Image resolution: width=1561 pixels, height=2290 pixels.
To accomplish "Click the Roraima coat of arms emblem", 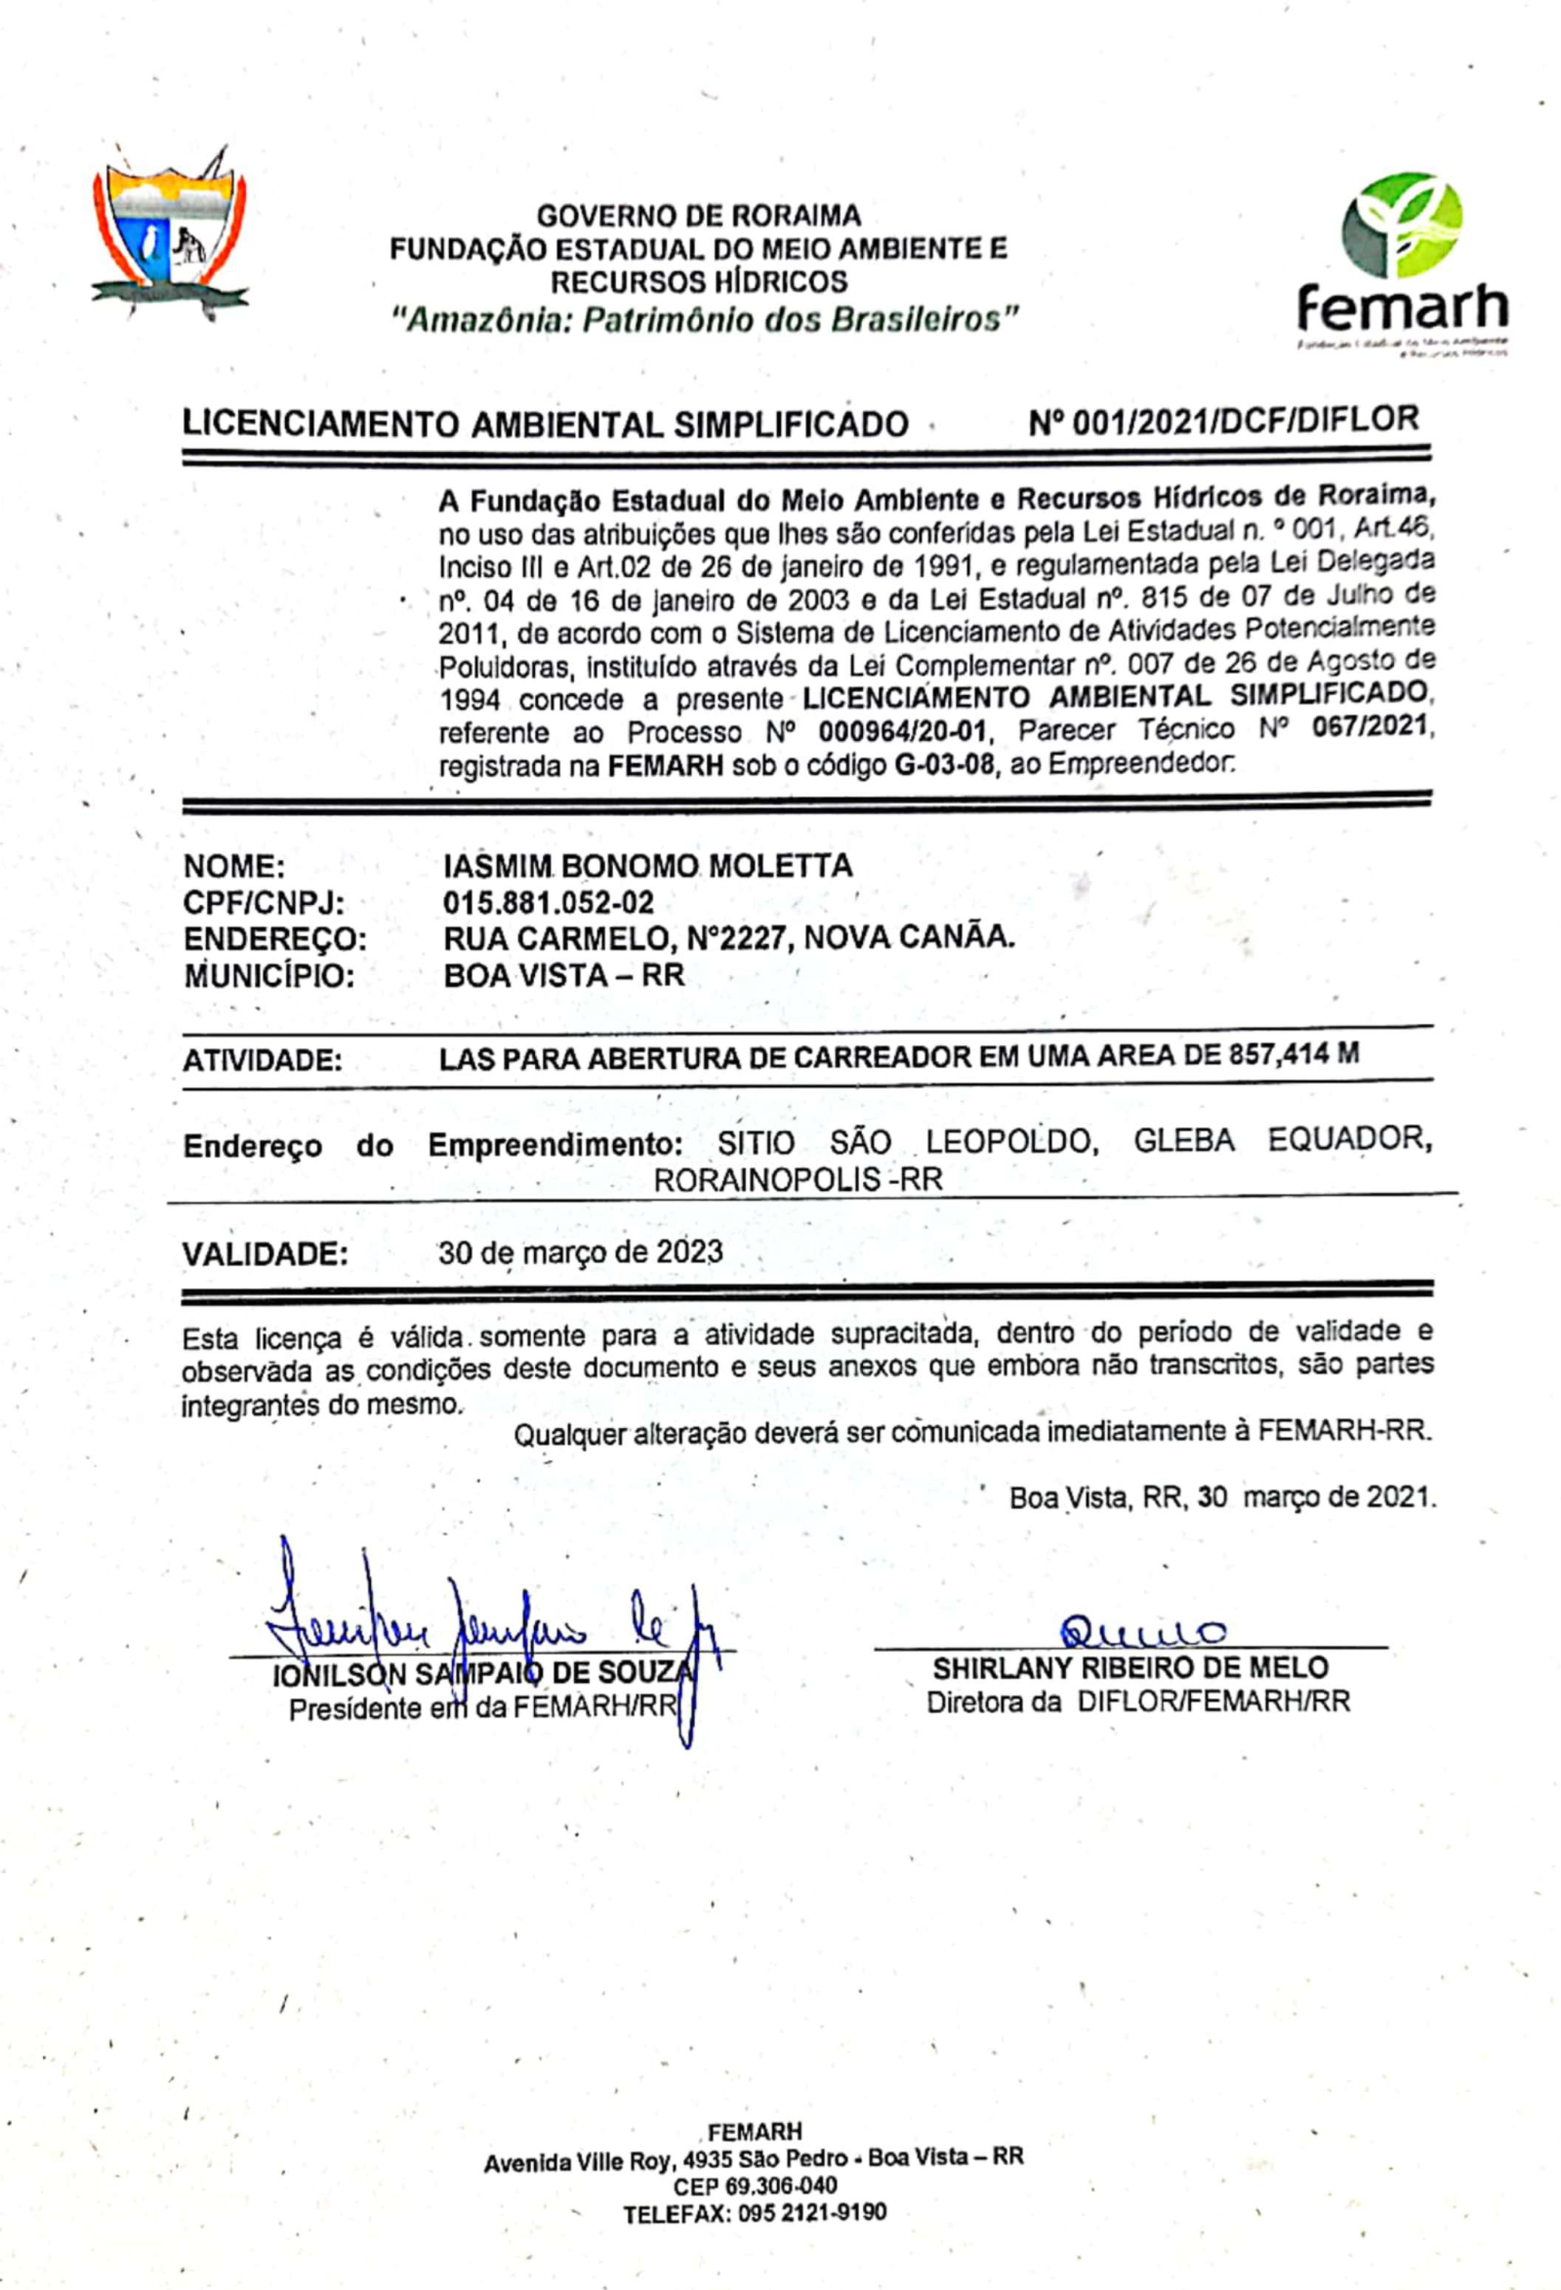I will [x=168, y=234].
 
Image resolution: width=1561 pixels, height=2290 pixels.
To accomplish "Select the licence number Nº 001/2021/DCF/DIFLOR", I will [x=1223, y=421].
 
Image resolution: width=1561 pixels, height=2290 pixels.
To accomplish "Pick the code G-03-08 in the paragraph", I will [x=943, y=764].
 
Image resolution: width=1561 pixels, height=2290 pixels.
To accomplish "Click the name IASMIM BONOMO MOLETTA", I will [x=647, y=867].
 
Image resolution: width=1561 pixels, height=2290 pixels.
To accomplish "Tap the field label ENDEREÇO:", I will [x=275, y=939].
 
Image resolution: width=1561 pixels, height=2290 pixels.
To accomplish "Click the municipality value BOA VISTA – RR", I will [x=564, y=976].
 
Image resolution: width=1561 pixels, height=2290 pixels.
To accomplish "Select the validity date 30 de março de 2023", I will [x=581, y=1252].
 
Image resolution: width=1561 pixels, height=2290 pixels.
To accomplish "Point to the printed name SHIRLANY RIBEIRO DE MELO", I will [x=1130, y=1667].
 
